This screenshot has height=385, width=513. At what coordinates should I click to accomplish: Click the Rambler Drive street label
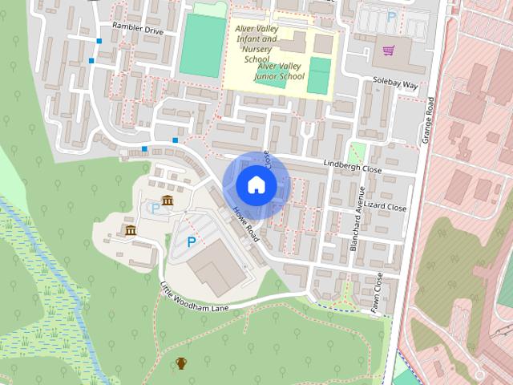[x=138, y=29]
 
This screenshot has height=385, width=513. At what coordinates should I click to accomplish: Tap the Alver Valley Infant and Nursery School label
[x=256, y=43]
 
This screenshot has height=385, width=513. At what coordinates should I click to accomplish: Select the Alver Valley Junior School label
[x=280, y=71]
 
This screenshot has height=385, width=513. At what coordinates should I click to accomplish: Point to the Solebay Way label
[x=396, y=83]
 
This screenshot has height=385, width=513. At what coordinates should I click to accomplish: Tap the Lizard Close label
[x=386, y=207]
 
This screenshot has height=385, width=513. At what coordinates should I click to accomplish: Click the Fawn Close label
[x=377, y=292]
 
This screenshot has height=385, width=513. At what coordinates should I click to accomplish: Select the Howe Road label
[x=246, y=224]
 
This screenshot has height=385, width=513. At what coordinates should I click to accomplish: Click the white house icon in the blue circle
[x=256, y=185]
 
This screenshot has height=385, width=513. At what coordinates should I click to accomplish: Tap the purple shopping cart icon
[x=389, y=51]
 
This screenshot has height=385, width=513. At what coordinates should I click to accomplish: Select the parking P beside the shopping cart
[x=391, y=16]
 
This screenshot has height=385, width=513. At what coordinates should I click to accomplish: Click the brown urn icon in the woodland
[x=181, y=363]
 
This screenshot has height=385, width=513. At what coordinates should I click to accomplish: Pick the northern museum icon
[x=168, y=200]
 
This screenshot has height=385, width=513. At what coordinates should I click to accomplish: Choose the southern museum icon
[x=131, y=231]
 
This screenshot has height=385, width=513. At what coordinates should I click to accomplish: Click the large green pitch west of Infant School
[x=202, y=47]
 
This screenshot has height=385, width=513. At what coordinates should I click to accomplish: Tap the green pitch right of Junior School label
[x=319, y=75]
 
